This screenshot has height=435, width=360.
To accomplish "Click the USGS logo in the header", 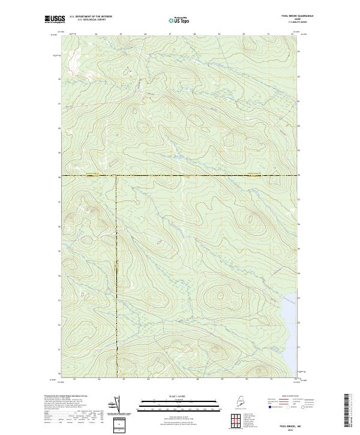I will tap(53, 19).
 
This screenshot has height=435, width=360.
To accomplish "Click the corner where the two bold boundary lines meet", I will tap(116, 175).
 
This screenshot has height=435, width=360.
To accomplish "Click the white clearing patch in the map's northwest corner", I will tap(73, 58).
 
